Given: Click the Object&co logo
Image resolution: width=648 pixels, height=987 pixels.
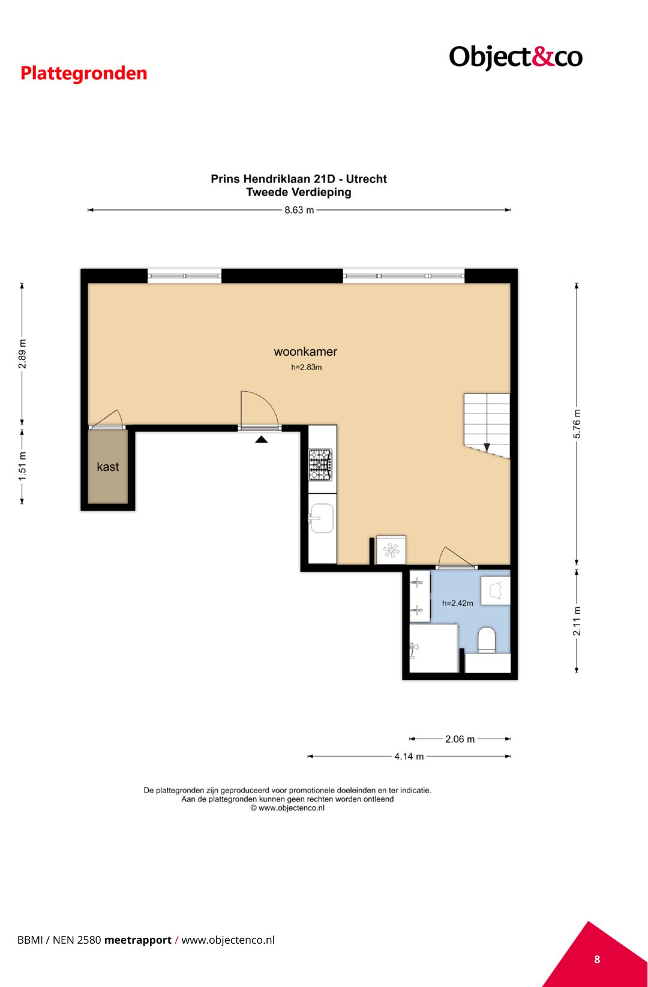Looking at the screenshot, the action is point(515,58).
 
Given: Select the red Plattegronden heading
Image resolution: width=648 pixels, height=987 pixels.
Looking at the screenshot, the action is point(83,74).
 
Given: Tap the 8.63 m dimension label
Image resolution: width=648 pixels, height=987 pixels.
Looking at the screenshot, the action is point(299,210).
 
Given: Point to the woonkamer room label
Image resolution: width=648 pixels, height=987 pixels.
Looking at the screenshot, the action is point(305,352).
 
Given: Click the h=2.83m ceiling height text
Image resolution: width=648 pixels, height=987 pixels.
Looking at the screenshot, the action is point(306,367).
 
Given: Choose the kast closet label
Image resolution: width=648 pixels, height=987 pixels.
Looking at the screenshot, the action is point(108,467).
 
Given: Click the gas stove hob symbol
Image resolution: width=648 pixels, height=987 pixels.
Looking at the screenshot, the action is point(320,464).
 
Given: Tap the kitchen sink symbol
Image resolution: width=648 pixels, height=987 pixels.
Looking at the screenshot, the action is point(321,518).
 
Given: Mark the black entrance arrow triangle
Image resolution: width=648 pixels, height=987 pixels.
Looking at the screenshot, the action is point(261,439).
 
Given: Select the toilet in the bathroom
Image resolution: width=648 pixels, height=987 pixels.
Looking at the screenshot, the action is point(487,640).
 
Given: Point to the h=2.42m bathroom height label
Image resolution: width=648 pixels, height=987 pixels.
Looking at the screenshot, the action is point(458,603).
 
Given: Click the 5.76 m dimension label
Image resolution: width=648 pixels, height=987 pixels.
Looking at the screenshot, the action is point(577,424).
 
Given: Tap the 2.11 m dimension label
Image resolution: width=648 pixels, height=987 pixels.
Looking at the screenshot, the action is point(577,621).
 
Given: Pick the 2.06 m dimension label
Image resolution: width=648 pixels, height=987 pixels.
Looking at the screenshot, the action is point(460,739).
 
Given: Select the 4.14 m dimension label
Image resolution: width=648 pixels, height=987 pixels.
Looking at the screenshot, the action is point(409,756).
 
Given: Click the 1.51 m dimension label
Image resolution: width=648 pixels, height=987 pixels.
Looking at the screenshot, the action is point(22,467).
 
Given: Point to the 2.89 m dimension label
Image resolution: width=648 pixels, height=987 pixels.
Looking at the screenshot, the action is point(22,354).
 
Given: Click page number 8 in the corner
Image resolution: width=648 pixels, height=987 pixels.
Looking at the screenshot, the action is point(597,959).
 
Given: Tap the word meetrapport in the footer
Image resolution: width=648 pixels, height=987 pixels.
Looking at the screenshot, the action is point(138,940).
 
